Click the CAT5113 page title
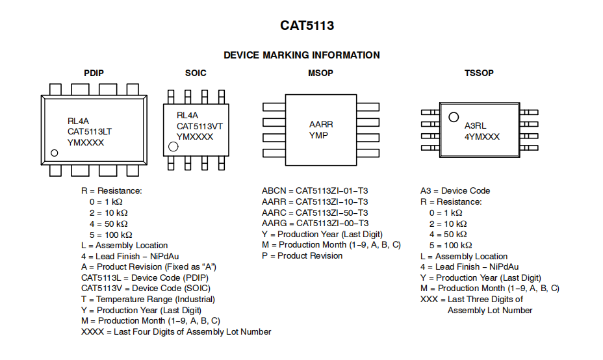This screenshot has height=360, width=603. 307,26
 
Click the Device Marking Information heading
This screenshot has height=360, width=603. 301,55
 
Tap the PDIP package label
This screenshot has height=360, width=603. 94,73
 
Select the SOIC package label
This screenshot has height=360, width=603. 196,73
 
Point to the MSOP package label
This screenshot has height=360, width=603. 320,73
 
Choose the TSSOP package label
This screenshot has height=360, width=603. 479,73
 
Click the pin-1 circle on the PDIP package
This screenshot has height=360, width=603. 55,153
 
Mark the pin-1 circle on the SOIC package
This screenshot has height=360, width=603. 173,147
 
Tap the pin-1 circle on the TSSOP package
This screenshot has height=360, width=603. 453,117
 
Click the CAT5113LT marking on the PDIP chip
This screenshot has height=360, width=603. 90,131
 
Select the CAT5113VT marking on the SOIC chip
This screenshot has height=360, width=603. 199,126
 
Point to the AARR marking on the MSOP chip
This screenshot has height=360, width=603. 322,124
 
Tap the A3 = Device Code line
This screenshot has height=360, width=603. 455,191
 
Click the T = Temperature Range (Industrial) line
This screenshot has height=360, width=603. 148,299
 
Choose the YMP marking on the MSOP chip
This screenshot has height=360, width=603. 318,135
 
